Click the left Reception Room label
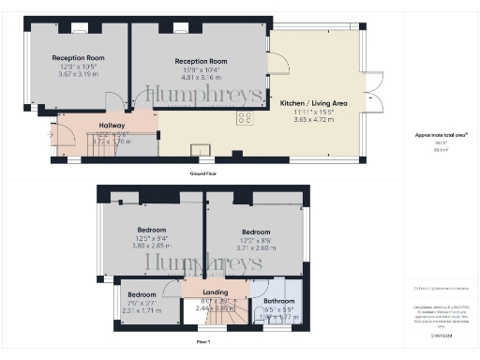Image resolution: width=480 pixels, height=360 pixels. [78, 57]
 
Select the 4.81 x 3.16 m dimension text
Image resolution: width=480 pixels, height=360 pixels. [201, 77]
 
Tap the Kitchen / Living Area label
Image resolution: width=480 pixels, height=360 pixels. [313, 103]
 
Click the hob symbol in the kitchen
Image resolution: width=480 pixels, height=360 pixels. [247, 118]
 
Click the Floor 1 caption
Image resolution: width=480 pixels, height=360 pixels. [203, 342]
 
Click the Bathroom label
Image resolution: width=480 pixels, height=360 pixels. [278, 301]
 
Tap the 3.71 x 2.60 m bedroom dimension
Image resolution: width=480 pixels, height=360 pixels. [256, 248]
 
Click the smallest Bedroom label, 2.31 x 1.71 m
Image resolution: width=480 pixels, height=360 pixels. [142, 293]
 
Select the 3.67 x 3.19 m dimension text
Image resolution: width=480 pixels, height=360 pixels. [78, 73]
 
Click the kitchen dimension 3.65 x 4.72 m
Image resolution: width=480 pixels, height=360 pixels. [313, 119]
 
